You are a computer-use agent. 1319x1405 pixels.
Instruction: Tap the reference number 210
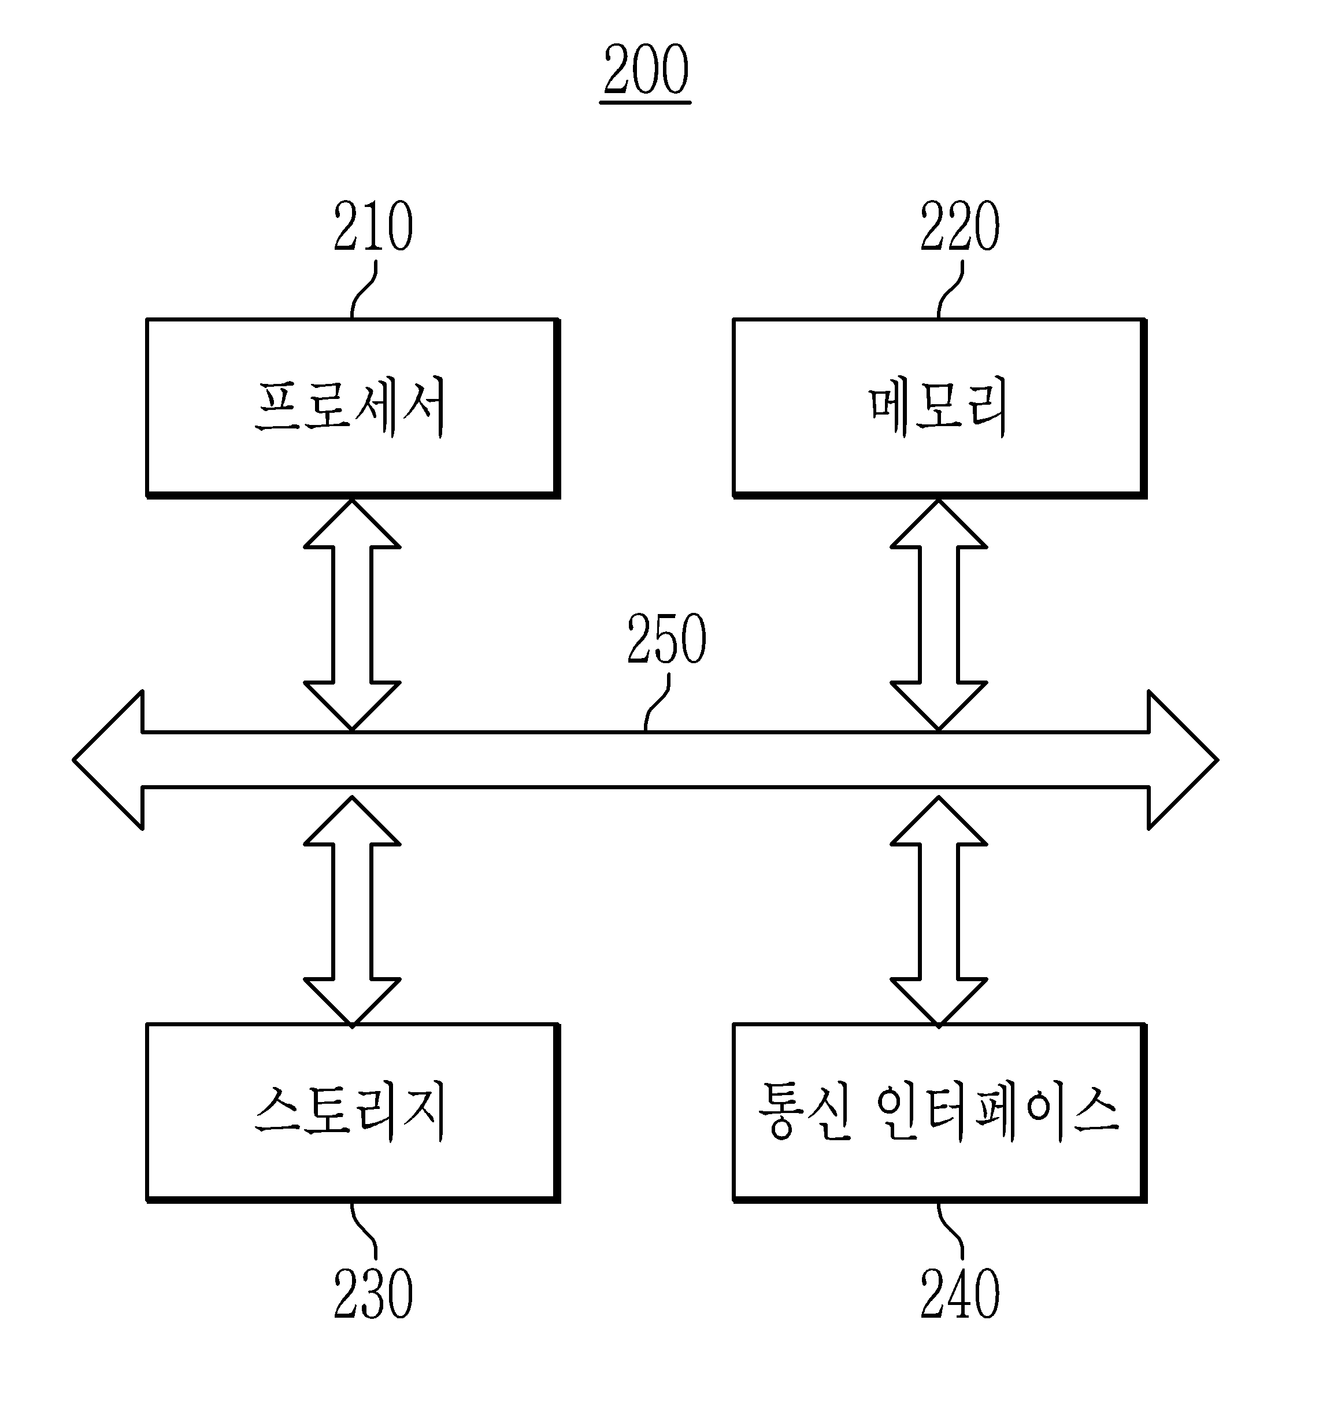373,226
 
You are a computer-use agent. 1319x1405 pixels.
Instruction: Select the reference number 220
959,226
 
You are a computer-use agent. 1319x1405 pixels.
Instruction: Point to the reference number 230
373,1294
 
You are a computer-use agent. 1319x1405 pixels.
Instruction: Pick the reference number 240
959,1294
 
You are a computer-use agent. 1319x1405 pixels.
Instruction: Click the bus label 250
666,639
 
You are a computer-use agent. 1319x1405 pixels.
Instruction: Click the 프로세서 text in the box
350,407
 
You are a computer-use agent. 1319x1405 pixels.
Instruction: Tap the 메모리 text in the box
938,407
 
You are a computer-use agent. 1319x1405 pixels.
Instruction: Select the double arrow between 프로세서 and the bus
352,615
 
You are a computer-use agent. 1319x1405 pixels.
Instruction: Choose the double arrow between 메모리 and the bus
938,615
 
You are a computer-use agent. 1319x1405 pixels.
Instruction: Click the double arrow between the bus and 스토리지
352,912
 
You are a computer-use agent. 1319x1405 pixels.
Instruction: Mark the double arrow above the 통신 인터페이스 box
938,912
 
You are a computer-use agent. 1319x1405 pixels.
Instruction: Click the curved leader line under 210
363,290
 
